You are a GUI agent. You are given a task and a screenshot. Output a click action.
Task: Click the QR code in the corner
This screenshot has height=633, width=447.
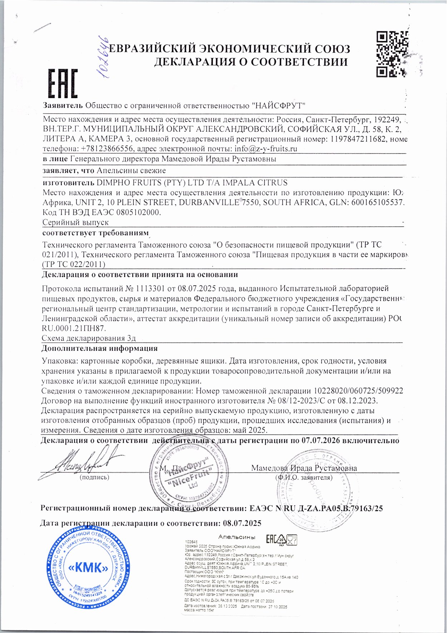coord(393,54)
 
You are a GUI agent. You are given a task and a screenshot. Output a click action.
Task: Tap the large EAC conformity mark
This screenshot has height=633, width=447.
coord(63,84)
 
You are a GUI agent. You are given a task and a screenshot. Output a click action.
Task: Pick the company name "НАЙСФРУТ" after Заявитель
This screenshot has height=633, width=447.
coord(279,106)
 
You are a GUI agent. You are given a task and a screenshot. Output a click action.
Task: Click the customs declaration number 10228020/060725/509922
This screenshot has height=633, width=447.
coord(358,391)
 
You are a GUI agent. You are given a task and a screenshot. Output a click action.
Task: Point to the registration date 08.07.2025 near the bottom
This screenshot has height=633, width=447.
coord(242,523)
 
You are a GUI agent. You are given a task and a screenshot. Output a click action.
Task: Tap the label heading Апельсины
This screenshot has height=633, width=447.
coord(236,537)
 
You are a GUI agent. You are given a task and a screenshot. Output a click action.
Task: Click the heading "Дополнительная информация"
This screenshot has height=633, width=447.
coord(100,348)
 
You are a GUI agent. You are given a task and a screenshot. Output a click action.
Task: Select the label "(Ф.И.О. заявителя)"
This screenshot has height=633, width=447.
coord(304,477)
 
